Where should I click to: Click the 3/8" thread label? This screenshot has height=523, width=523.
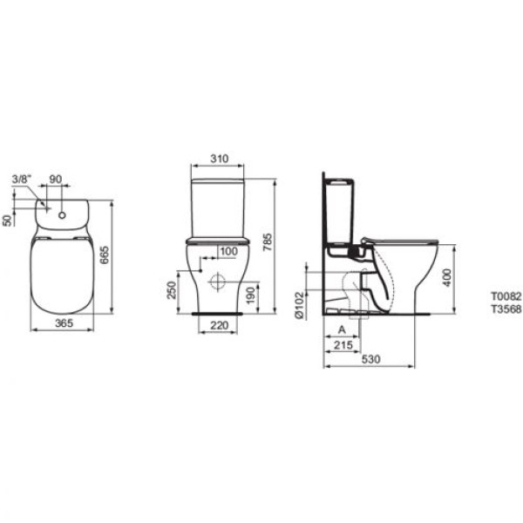point(22,180)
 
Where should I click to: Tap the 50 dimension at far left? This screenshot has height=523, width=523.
point(8,220)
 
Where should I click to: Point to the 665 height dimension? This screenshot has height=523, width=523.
point(105,255)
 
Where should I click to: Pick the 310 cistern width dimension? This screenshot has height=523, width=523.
point(219,160)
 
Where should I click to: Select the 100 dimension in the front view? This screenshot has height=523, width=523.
point(227,253)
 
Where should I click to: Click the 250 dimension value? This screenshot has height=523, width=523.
point(173,288)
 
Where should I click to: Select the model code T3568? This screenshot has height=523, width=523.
point(506,309)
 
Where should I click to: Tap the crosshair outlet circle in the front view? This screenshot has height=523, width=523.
point(216,281)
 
